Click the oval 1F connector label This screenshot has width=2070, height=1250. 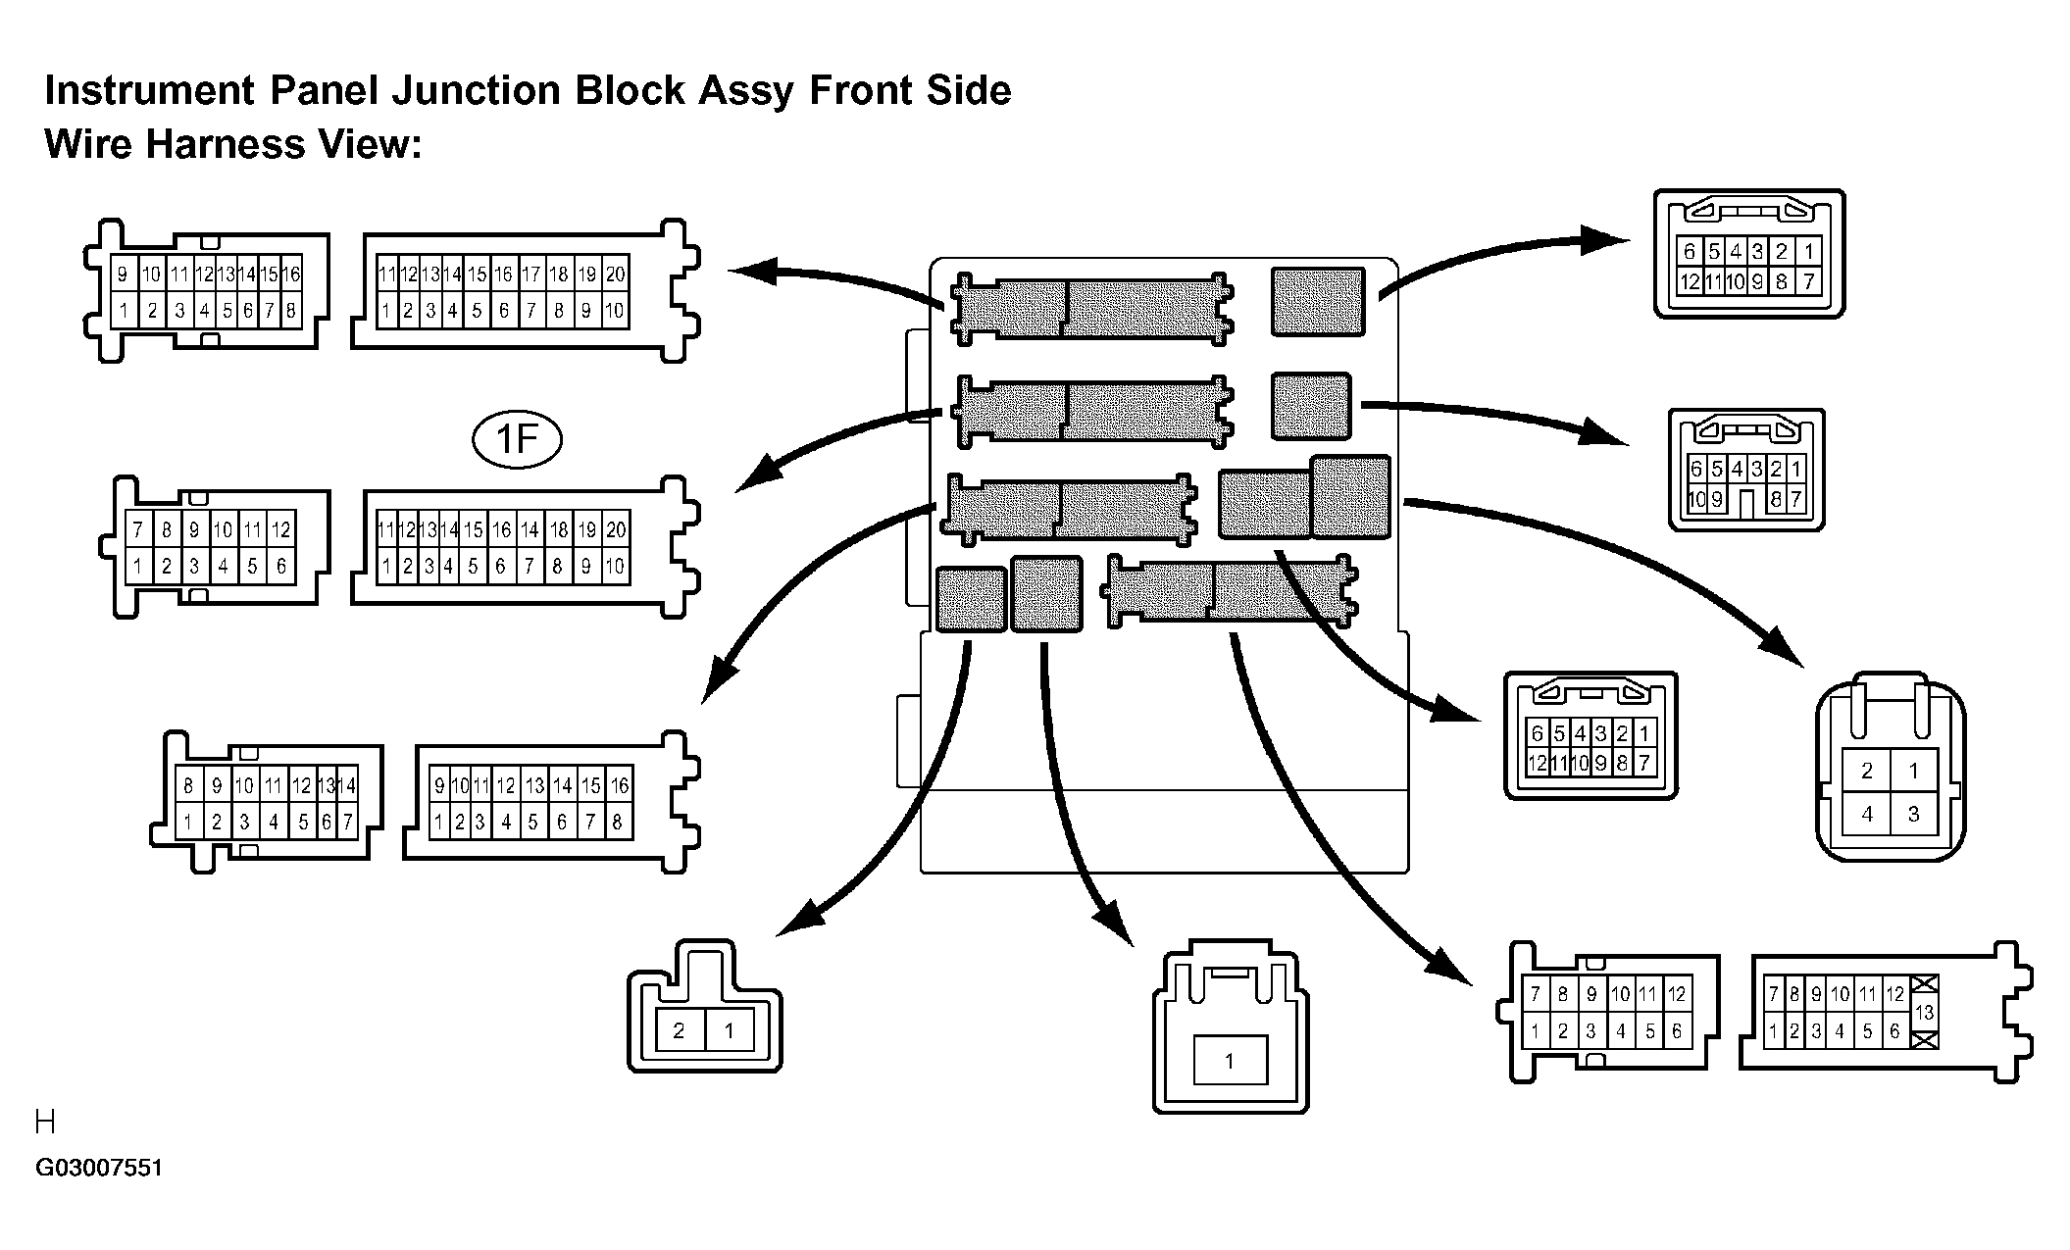517,439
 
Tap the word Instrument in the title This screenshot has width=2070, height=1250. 150,90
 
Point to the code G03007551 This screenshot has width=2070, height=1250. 99,1169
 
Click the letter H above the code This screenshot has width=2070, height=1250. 45,1122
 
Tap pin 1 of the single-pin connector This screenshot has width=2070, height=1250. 1230,1060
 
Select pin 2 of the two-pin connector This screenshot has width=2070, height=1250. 679,1031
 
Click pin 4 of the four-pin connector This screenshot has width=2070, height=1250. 1867,814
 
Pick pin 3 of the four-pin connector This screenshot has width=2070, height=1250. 1913,814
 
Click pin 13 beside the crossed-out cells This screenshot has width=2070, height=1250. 1924,1013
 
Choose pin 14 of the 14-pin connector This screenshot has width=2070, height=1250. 347,785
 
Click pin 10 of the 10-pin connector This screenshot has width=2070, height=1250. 1695,500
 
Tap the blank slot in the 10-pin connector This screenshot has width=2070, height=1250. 1744,502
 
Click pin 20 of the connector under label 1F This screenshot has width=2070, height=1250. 615,530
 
